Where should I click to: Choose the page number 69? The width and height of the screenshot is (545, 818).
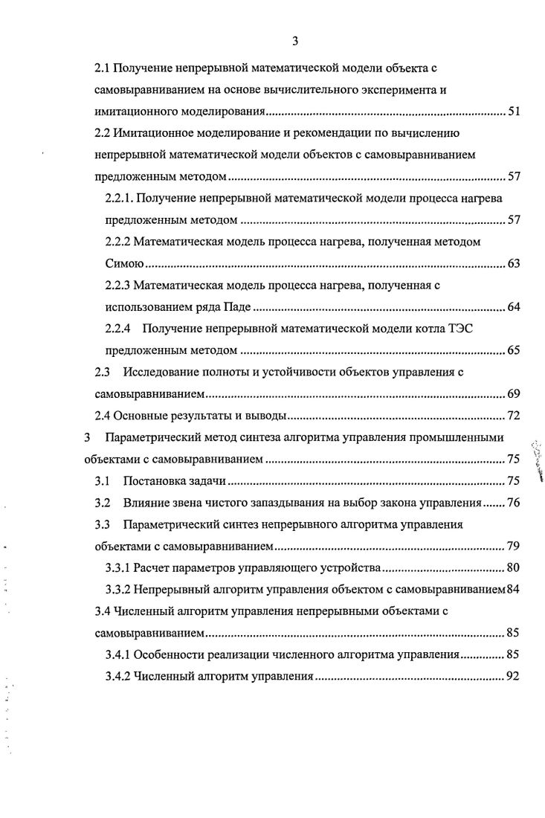513,393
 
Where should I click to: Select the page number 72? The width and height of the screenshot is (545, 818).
513,414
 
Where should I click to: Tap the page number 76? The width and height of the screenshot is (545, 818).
513,502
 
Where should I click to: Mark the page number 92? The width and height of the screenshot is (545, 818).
513,677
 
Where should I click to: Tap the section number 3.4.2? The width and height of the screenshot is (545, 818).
119,677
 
